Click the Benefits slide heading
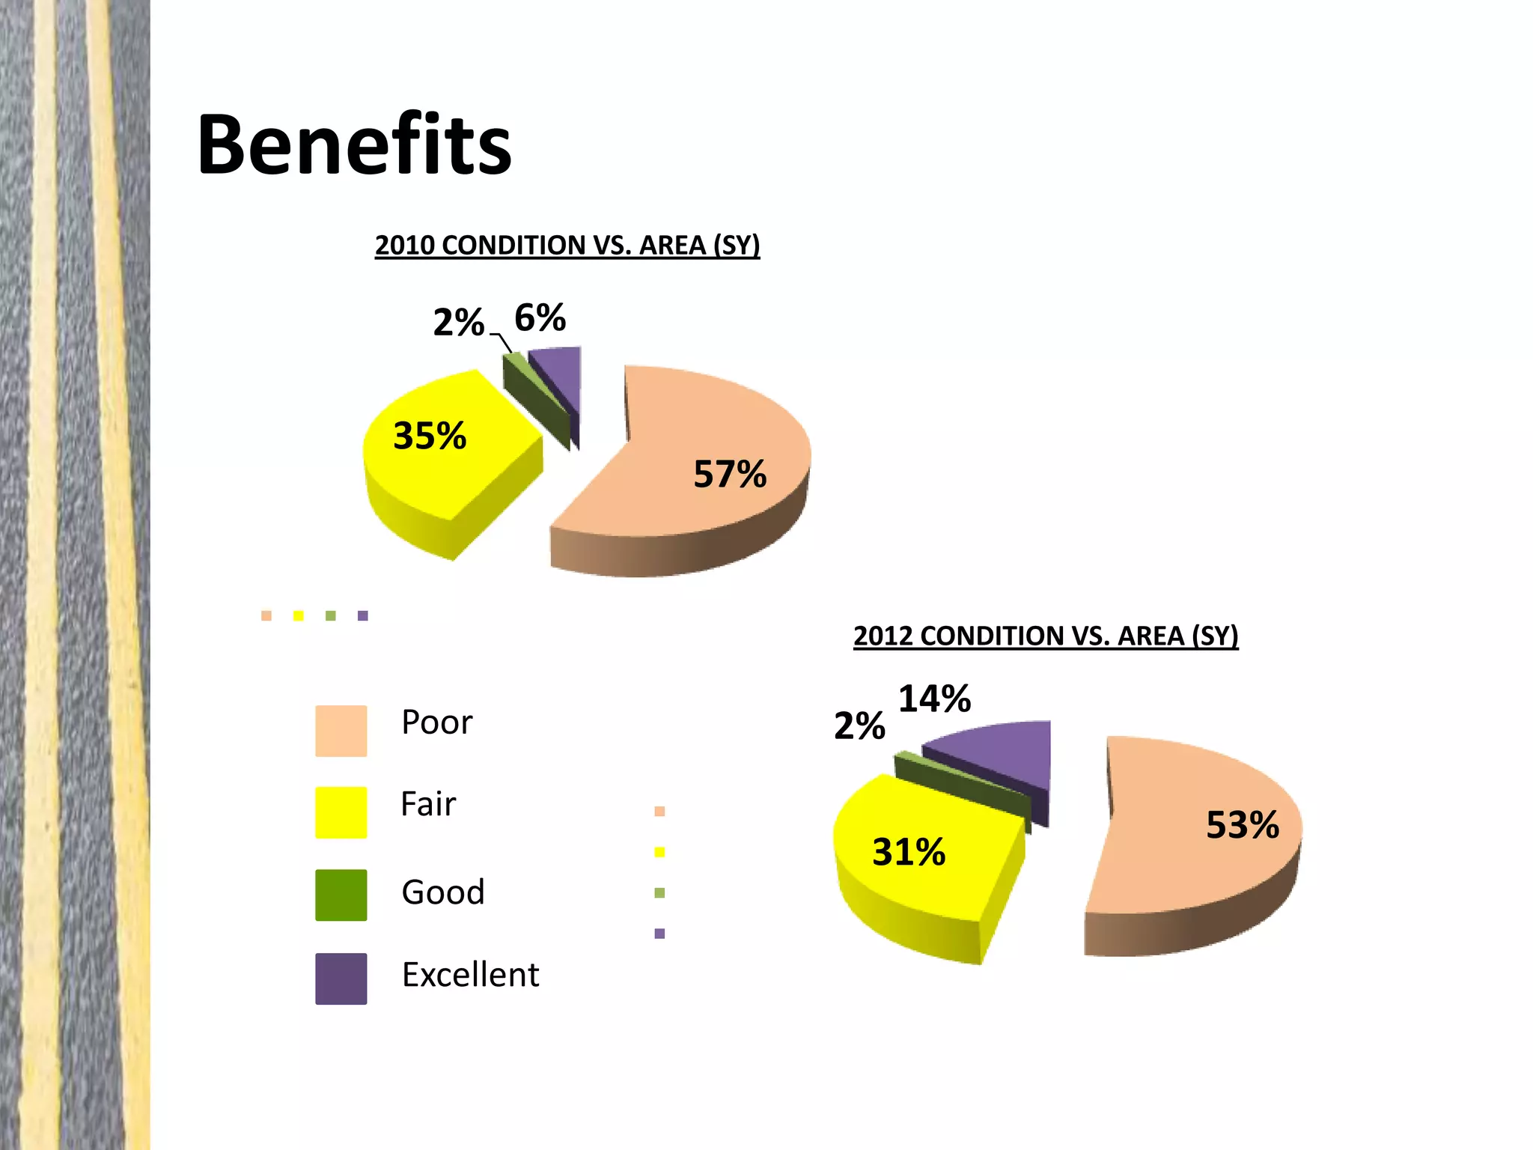click(354, 144)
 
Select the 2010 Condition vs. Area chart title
click(567, 246)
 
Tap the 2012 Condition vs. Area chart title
click(1046, 636)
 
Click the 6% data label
click(540, 318)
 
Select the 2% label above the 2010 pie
click(458, 323)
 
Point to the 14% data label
click(934, 699)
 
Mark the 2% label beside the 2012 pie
click(859, 726)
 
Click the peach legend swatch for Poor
click(341, 731)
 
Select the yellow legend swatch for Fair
click(341, 812)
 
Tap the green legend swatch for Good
click(341, 895)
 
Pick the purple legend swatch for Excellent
click(341, 979)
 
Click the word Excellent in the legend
click(470, 975)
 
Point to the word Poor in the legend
click(436, 722)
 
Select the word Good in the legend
click(443, 892)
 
